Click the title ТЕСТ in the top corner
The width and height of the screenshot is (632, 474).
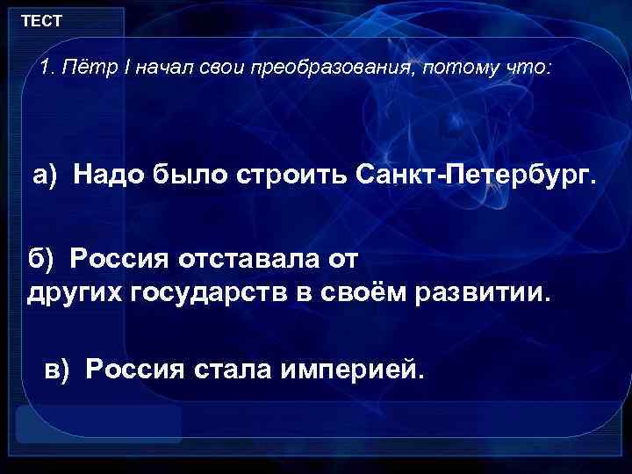click(x=40, y=19)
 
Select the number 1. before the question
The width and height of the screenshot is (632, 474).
click(x=48, y=68)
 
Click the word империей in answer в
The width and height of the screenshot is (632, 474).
click(x=353, y=369)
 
